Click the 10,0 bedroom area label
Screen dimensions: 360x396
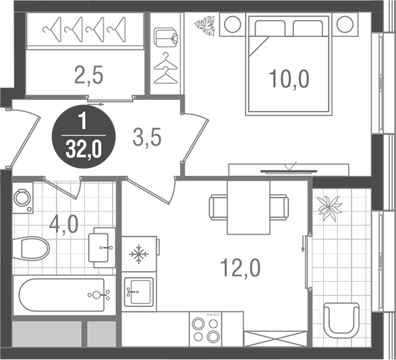pyautogui.click(x=288, y=80)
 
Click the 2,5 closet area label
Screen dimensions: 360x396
pyautogui.click(x=88, y=74)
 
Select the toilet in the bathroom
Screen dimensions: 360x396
pyautogui.click(x=32, y=248)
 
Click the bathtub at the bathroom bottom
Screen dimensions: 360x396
pyautogui.click(x=61, y=295)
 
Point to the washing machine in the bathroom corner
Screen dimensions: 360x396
pyautogui.click(x=22, y=200)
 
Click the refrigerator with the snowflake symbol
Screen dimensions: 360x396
pyautogui.click(x=140, y=253)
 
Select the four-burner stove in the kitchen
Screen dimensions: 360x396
pyautogui.click(x=206, y=330)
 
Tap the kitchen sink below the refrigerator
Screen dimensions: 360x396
pyautogui.click(x=140, y=292)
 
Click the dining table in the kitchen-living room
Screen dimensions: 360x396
pyautogui.click(x=248, y=207)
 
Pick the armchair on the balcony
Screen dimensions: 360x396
pyautogui.click(x=341, y=320)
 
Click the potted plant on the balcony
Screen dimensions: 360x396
pyautogui.click(x=331, y=208)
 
